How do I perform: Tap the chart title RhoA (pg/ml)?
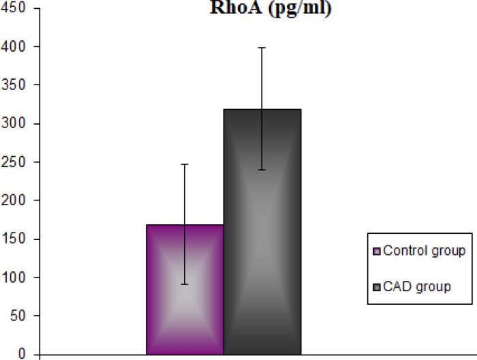coord(270,10)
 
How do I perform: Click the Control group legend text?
coord(424,250)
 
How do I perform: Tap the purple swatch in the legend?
coord(376,251)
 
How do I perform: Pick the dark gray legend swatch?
coord(376,287)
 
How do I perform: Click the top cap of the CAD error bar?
coord(262,48)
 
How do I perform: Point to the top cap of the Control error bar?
coord(185,164)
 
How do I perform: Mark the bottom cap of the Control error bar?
coord(185,284)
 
